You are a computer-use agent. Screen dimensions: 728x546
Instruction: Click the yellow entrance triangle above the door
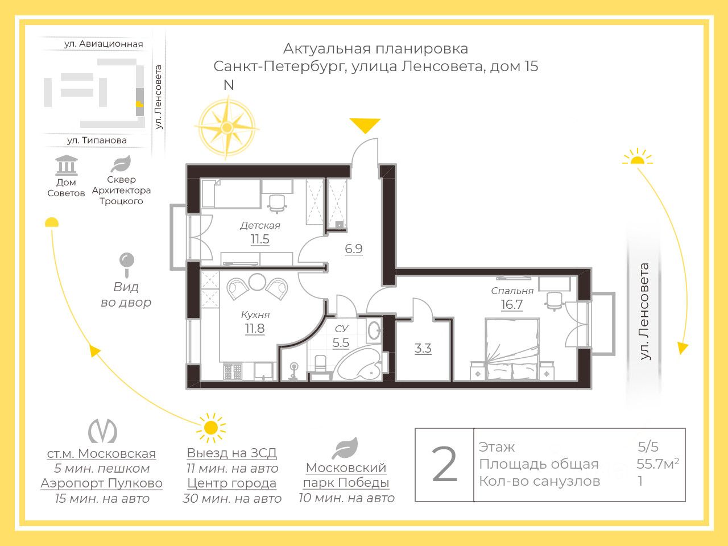click(365, 125)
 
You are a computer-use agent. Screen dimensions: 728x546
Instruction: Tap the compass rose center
click(227, 127)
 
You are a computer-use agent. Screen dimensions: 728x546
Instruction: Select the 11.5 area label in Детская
click(260, 239)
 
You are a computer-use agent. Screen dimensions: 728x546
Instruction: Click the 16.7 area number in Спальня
click(511, 304)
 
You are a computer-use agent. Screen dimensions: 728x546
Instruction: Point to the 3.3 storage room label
click(423, 349)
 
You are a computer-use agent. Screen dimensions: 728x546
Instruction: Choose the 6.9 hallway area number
click(354, 249)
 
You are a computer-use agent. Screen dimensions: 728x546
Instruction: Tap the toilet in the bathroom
click(320, 365)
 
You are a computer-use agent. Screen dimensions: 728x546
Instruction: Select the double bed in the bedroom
click(512, 349)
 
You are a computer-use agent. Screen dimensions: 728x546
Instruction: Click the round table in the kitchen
click(257, 282)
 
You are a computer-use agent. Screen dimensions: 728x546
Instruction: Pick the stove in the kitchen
click(233, 371)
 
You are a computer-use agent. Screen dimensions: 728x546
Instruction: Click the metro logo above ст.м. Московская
click(102, 431)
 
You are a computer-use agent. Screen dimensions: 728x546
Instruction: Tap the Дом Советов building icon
click(67, 165)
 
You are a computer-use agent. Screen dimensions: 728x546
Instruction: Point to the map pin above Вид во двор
click(127, 264)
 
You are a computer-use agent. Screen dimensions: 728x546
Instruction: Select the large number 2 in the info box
click(444, 464)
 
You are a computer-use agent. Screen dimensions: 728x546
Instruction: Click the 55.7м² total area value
click(657, 464)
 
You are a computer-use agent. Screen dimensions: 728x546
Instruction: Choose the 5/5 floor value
click(648, 447)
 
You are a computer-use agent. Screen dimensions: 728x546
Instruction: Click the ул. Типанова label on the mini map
click(97, 140)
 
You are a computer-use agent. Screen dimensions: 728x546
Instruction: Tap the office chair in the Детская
click(277, 203)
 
